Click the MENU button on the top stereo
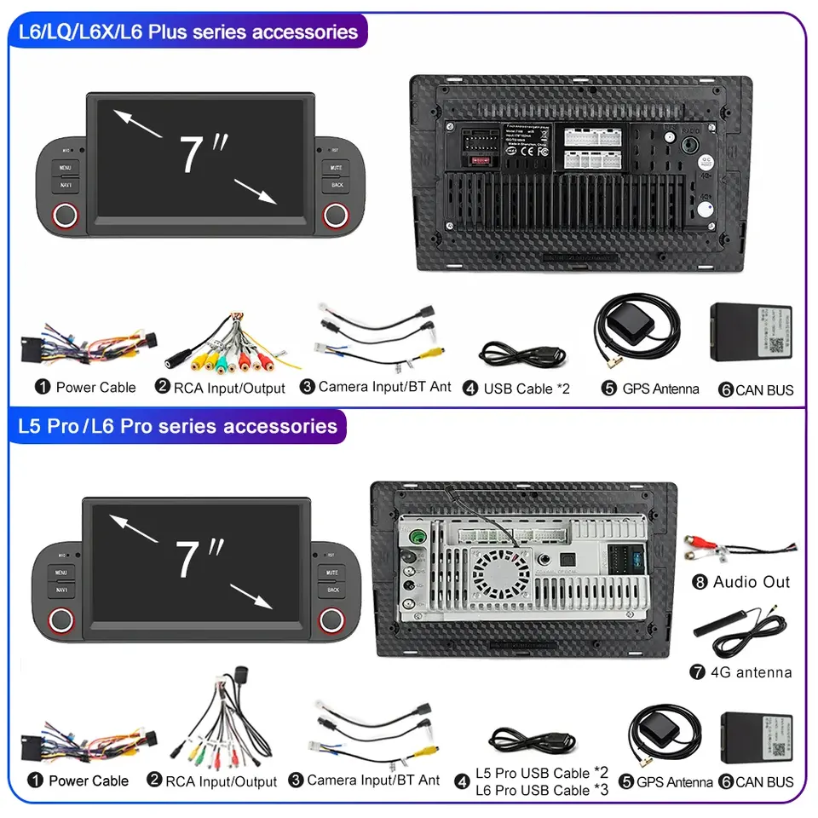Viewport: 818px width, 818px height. click(x=66, y=168)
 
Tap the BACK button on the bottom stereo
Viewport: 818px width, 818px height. click(x=333, y=590)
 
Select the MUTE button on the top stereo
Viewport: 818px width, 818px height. click(x=337, y=168)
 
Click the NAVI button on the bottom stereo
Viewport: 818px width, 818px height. click(x=62, y=590)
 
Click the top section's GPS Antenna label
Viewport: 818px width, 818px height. click(x=660, y=389)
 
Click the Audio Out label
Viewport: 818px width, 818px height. click(x=752, y=582)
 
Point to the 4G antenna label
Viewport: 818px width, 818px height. click(x=752, y=672)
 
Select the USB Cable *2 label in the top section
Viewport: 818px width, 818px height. click(x=527, y=389)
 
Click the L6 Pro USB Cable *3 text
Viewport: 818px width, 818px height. click(x=542, y=791)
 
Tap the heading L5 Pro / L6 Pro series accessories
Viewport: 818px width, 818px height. click(x=177, y=425)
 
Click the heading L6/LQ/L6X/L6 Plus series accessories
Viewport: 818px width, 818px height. click(x=188, y=32)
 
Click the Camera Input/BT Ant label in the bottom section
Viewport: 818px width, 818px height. click(x=373, y=780)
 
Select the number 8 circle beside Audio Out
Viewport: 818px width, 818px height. click(x=700, y=583)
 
